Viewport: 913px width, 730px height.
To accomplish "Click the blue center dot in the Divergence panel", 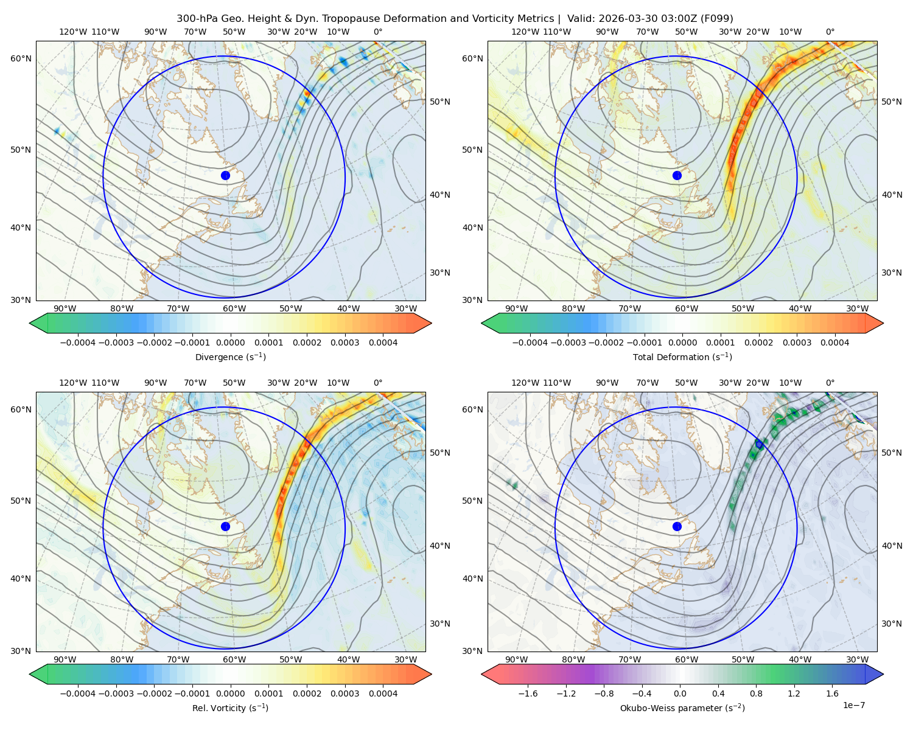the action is (225, 176).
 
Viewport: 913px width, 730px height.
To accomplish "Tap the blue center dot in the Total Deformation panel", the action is (677, 176).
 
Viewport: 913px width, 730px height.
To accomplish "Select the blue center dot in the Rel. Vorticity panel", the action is (225, 526).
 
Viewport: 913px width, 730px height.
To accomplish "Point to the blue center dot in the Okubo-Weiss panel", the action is (677, 526).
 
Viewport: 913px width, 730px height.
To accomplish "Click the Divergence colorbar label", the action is (230, 357).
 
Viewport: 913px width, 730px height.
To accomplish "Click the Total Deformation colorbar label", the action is (682, 357).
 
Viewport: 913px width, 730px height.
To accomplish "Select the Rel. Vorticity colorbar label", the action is (230, 708).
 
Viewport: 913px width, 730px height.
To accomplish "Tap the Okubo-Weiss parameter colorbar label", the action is (682, 708).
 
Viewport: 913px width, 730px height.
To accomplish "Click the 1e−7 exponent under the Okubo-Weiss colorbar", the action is (853, 706).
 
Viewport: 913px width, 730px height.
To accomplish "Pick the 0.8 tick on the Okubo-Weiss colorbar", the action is (756, 693).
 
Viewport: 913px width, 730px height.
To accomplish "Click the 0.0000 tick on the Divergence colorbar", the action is (230, 342).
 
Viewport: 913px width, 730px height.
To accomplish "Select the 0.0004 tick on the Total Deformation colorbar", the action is (835, 342).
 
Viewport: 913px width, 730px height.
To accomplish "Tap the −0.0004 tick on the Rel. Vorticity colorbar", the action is (78, 693).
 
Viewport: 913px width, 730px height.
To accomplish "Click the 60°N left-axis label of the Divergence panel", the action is (21, 58).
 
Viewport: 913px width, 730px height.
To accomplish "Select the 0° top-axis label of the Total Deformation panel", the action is (830, 32).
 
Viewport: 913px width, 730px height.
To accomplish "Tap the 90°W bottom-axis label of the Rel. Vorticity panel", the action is (65, 659).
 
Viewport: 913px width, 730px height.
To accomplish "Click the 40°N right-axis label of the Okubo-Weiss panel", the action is (892, 546).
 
